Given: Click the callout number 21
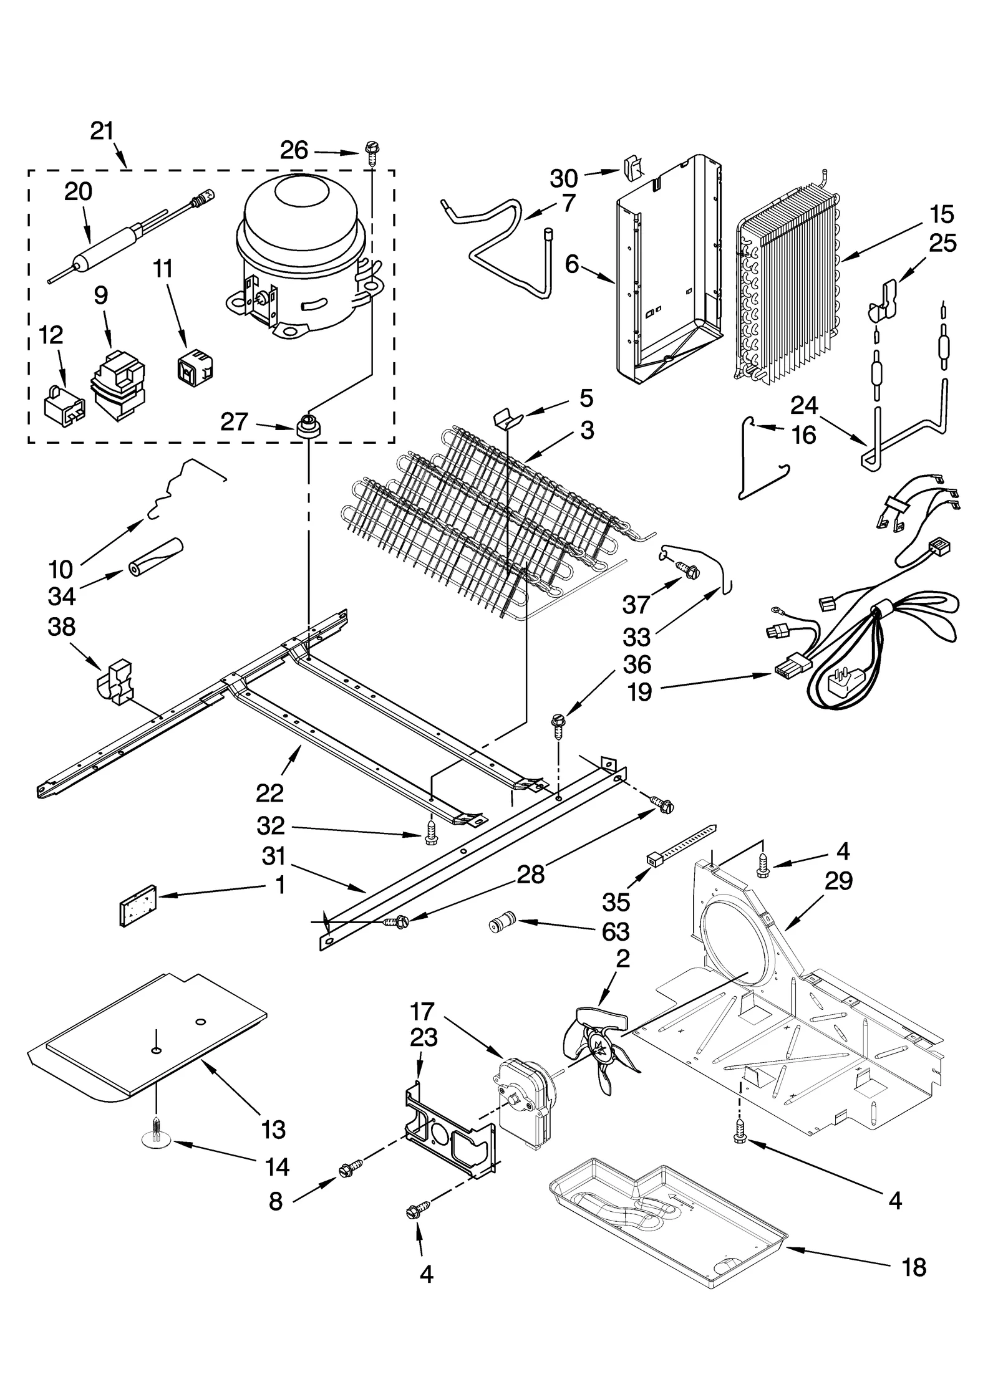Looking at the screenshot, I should [102, 131].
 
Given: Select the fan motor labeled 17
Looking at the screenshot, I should [524, 1096].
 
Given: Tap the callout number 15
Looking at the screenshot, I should [941, 214].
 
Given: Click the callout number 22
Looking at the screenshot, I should [269, 792].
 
